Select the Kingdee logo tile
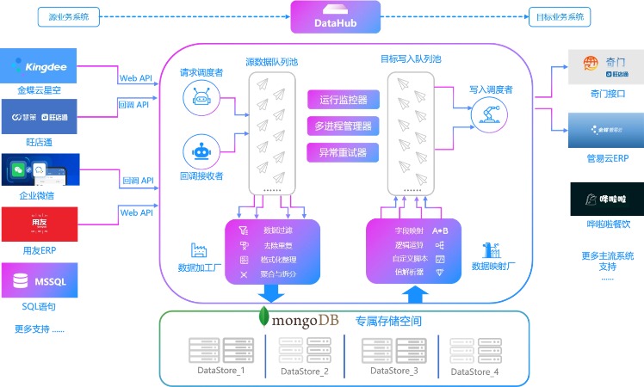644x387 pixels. tap(41, 66)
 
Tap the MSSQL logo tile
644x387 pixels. tap(41, 280)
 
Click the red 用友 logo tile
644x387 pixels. tap(41, 224)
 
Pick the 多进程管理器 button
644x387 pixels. tap(343, 126)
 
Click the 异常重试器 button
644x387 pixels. tap(343, 153)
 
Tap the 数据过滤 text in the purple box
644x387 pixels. tap(277, 230)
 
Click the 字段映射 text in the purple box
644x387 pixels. tap(408, 230)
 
